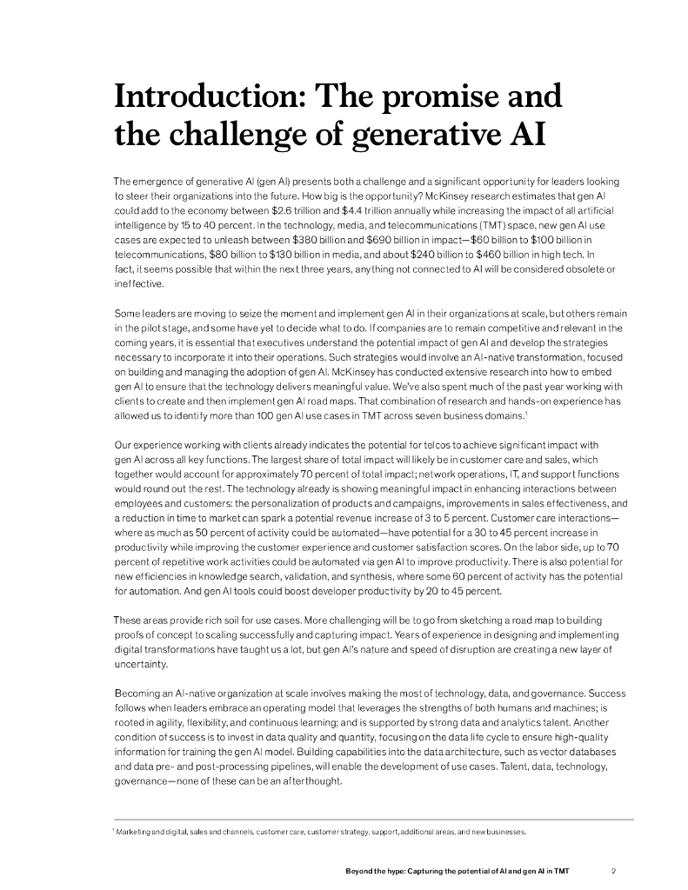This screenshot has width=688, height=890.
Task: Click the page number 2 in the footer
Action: [x=613, y=870]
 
